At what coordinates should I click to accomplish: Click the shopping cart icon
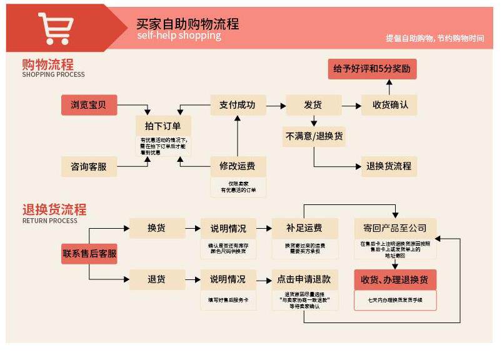point(55,28)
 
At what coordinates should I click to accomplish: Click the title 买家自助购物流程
point(188,24)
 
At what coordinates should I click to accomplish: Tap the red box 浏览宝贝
point(89,105)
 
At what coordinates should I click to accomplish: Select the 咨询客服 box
point(89,167)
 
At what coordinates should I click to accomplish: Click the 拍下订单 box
point(163,125)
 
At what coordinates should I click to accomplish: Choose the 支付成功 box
point(238,105)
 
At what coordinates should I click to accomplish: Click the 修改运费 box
point(238,167)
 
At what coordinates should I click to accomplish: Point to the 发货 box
point(313,105)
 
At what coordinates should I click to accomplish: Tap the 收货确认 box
point(389,105)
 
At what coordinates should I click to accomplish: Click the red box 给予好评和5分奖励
point(372,69)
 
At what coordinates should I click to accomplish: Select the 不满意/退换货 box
point(313,136)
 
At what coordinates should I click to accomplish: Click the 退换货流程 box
point(389,166)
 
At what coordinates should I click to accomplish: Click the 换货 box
point(157,228)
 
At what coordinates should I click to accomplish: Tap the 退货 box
point(157,279)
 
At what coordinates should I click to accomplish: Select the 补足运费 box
point(304,228)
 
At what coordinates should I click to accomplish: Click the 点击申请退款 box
point(304,279)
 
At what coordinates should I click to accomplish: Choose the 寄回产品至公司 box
point(395,228)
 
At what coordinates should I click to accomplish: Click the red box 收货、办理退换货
point(395,279)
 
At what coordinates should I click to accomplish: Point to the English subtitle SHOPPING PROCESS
point(53,74)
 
